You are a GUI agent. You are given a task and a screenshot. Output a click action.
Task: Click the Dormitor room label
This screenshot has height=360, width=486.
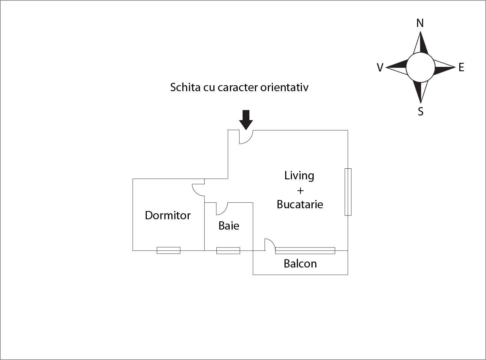(168, 215)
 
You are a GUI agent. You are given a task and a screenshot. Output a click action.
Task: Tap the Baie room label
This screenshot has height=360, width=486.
(229, 226)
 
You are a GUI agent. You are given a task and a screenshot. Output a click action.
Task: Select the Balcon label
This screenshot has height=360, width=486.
(300, 264)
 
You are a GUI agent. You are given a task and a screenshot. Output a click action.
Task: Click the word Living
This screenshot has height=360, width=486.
(299, 175)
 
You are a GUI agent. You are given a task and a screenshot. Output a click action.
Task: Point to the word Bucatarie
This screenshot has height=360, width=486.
(300, 204)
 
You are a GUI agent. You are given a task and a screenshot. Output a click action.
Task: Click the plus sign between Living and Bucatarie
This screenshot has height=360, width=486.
(300, 191)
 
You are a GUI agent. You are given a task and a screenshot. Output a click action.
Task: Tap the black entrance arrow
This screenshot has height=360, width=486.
(246, 119)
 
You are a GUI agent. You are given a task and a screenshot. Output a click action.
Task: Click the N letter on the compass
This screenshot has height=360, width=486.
(420, 23)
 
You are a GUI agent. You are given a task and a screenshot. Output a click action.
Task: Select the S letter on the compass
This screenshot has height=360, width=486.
(420, 111)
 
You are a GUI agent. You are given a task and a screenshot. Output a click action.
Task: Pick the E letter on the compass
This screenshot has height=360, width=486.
(461, 68)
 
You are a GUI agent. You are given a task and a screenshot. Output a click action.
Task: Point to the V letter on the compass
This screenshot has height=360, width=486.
(380, 68)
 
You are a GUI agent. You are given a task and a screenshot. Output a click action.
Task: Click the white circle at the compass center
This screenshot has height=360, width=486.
(420, 68)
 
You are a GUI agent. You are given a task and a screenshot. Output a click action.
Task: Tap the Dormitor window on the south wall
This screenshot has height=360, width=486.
(168, 250)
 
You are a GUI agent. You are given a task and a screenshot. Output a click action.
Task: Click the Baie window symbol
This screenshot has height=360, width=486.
(228, 250)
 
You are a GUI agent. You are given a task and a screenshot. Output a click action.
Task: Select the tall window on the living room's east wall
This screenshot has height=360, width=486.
(348, 192)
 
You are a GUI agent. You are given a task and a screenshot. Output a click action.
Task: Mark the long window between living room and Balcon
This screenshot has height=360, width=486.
(305, 250)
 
